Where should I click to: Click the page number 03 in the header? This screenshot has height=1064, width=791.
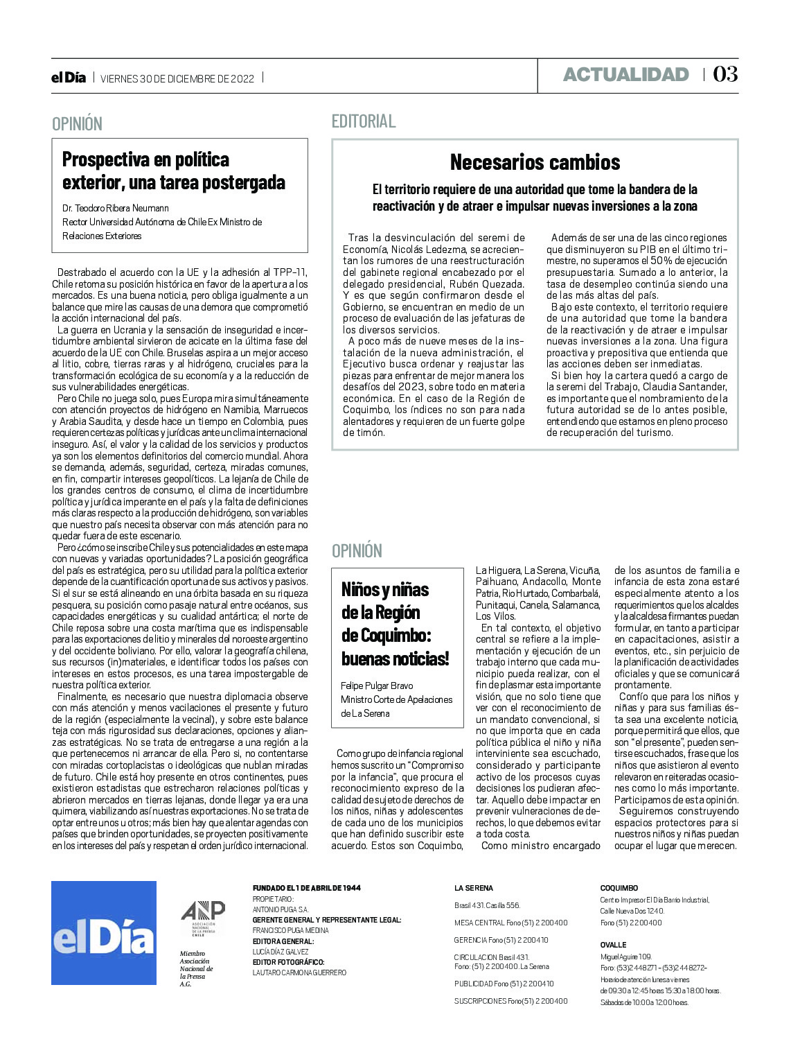point(725,74)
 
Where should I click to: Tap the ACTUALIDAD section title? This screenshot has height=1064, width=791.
point(625,75)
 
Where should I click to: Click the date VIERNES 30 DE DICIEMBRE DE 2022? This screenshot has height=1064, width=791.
point(178,78)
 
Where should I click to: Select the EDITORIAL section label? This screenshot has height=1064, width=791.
point(364,121)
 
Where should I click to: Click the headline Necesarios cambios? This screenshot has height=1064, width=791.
point(535,162)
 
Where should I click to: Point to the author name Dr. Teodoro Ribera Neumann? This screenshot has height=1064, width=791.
point(116,208)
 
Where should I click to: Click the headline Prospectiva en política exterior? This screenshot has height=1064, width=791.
point(174,171)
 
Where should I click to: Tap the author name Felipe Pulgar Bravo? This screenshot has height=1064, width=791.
point(377,686)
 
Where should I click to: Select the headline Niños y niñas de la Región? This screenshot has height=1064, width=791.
point(395,624)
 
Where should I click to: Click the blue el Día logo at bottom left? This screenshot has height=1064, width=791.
point(104,932)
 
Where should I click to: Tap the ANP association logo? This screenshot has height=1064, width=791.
point(203,919)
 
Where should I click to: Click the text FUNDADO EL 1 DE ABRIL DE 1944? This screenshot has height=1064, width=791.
point(307,888)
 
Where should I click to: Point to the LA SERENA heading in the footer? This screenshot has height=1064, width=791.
point(474,888)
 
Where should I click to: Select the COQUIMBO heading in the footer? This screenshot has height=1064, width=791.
point(619,888)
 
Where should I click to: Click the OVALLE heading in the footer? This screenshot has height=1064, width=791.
point(613,945)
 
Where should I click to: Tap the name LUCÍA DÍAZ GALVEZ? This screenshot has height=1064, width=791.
point(281,952)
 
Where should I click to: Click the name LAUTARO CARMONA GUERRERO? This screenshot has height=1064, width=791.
point(299,973)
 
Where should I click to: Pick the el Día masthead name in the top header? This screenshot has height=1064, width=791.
point(69,78)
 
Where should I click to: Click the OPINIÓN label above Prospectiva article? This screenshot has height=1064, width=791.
point(78,124)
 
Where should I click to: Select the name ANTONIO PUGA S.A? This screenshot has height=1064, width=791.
point(281,909)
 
